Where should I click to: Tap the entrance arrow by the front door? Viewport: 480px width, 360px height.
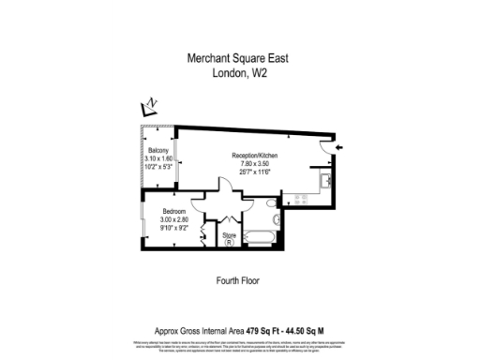tap(339, 147)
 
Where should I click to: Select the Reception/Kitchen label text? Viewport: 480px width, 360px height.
tap(255, 155)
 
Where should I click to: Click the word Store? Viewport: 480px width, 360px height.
tap(229, 233)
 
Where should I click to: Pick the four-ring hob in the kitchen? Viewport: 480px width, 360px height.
tap(301, 199)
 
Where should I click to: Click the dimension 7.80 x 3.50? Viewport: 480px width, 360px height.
tap(255, 163)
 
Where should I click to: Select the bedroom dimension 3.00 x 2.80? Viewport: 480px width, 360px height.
tap(175, 219)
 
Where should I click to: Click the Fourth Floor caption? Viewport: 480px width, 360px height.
tap(237, 280)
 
